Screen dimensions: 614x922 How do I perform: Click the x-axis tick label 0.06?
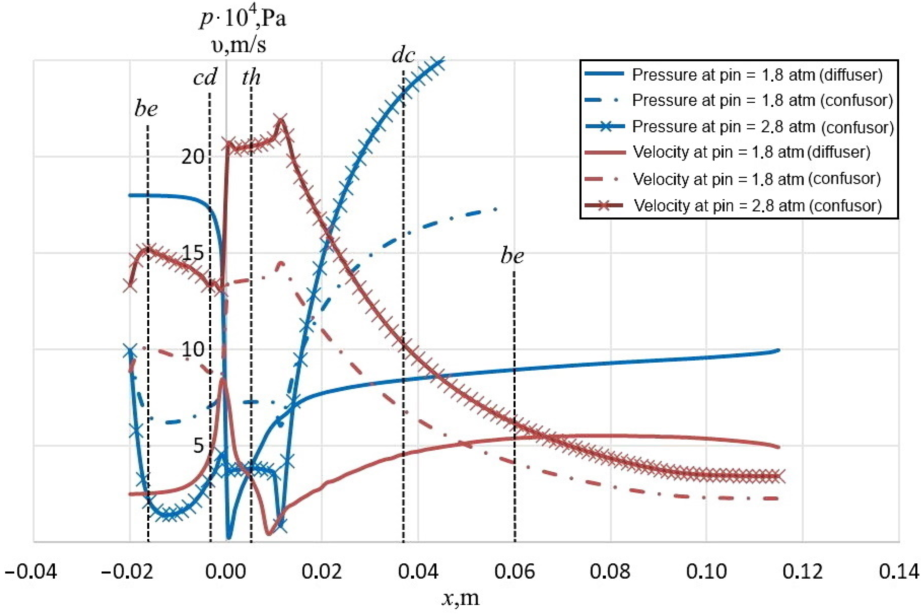click(x=514, y=572)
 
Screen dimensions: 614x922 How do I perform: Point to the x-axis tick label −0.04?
click(x=31, y=572)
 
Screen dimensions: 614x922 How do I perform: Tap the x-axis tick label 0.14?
click(x=899, y=572)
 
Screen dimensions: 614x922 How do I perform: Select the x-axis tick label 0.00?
click(x=226, y=572)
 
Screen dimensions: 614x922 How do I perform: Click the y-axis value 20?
click(x=193, y=157)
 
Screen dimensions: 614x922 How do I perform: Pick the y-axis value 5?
click(x=199, y=446)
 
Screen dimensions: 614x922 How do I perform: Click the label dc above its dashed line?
click(x=403, y=55)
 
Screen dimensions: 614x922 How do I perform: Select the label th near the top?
click(x=251, y=77)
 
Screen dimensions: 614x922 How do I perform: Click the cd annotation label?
click(x=205, y=78)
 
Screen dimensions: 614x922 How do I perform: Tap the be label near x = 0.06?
click(x=512, y=256)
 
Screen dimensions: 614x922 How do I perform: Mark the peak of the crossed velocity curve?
click(x=280, y=120)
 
